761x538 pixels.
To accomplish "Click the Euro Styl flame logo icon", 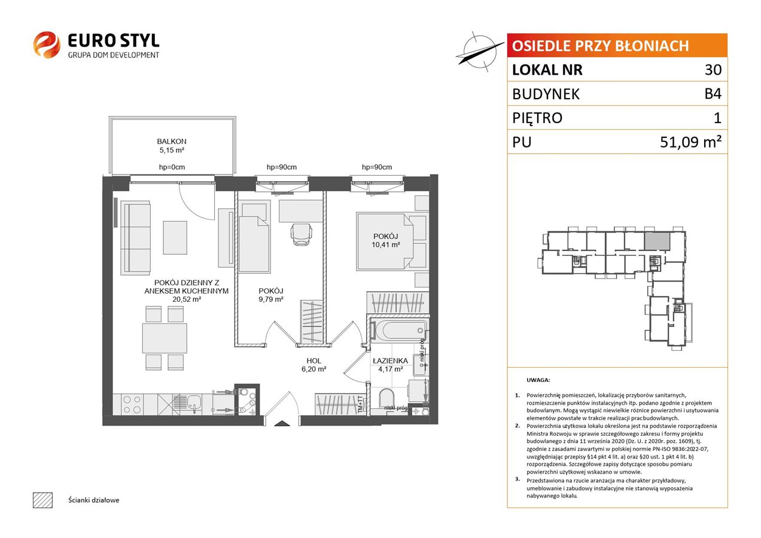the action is (47, 45).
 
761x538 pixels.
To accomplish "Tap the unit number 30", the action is (713, 69).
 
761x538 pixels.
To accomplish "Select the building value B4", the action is (713, 94).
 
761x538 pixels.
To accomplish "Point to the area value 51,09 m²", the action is (690, 142).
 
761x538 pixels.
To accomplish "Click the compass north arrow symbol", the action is (480, 52).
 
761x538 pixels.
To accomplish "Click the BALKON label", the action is (172, 141).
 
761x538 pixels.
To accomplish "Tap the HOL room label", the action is (313, 361).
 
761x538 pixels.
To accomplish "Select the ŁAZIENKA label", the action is (390, 361).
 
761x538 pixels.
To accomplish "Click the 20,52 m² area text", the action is (187, 299).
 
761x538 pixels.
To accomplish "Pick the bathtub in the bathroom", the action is (399, 330).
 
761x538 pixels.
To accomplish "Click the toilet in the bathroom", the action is (387, 400).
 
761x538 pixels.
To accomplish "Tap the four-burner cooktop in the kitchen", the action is (132, 404).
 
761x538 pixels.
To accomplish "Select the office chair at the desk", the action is (301, 234).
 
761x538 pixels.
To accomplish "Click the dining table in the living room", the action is (165, 338).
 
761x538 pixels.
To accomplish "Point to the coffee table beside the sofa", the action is (175, 237).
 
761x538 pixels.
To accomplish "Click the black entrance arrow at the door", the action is (282, 423).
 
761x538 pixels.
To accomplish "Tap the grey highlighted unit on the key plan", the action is (657, 242).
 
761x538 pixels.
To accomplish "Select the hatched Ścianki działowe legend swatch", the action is (43, 500).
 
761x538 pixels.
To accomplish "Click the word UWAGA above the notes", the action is (538, 380).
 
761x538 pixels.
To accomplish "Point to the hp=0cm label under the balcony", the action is (172, 167).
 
